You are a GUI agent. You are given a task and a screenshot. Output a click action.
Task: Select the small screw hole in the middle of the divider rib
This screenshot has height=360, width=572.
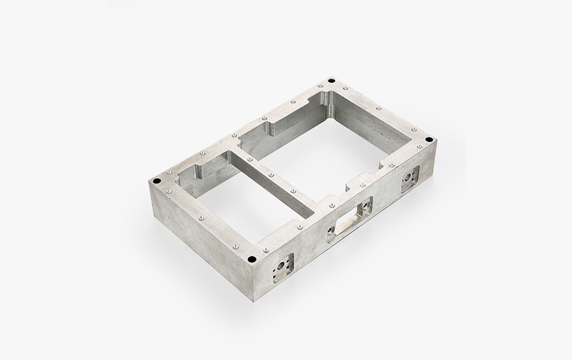coord(272,174)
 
